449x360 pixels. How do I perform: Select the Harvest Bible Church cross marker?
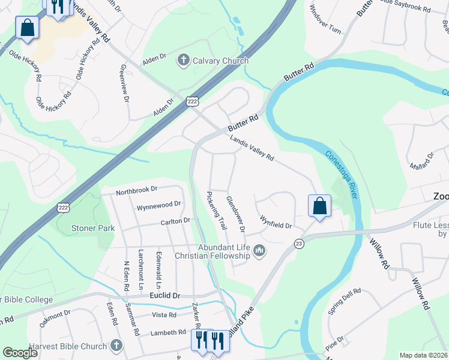coord(116,346)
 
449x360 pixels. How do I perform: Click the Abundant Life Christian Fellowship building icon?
coord(259,250)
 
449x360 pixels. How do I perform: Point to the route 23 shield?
coord(298,243)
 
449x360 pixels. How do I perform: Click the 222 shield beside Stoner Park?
coord(62,208)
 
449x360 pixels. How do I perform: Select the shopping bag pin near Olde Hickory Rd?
coord(28,28)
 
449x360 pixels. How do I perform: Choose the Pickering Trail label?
coord(216,211)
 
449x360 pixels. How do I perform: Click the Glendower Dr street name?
coord(235,214)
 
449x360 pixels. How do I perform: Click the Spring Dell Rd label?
coord(345,300)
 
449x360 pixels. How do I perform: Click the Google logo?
coord(20,353)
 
